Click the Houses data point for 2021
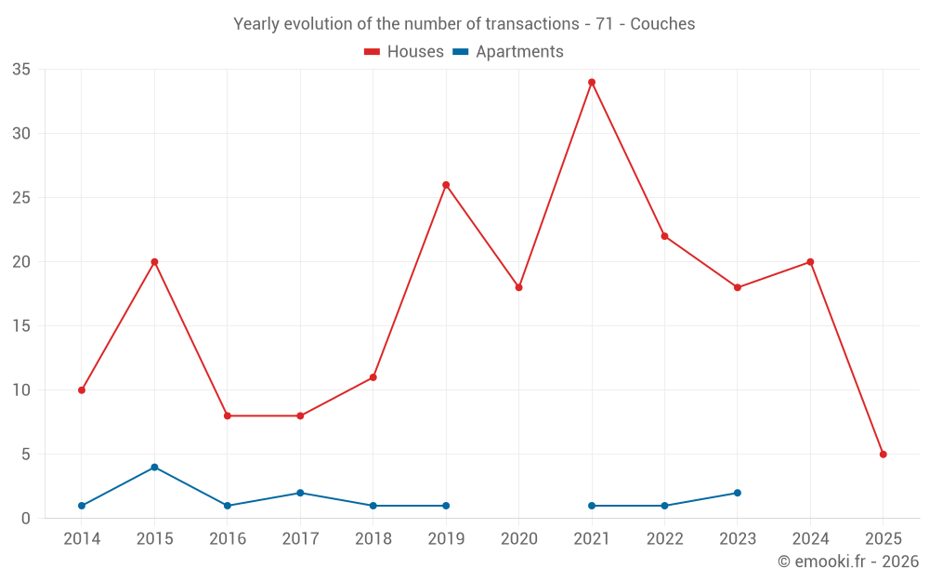[x=592, y=82]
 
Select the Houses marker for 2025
[x=883, y=455]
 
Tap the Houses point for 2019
[x=446, y=185]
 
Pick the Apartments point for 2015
[x=154, y=468]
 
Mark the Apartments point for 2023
[x=738, y=493]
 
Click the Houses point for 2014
[x=82, y=390]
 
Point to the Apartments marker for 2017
[x=300, y=493]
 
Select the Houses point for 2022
[x=664, y=236]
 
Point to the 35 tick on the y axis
[x=21, y=70]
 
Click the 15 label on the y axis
[x=21, y=326]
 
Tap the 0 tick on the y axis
[x=26, y=519]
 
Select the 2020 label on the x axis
[x=518, y=539]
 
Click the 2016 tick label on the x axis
[x=228, y=539]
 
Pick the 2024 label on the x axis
[x=810, y=539]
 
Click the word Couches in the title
[x=662, y=24]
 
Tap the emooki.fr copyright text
[x=847, y=561]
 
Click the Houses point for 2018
[x=373, y=377]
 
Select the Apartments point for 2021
[x=592, y=506]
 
